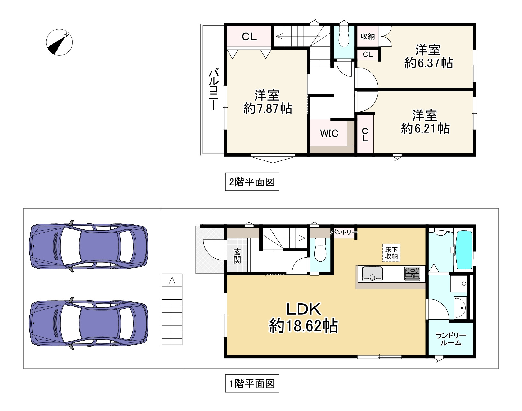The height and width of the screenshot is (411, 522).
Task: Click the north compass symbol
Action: click(x=59, y=42)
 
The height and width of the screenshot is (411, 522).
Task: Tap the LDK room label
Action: click(x=304, y=309)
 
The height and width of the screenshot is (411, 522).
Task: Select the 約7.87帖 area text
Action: click(x=267, y=108)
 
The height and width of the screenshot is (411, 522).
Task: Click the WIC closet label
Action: click(x=329, y=133)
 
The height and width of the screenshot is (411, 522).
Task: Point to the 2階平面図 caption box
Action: click(x=252, y=182)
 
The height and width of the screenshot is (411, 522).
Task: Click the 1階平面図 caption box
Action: click(x=252, y=384)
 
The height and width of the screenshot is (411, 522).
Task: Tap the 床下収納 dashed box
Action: click(x=391, y=253)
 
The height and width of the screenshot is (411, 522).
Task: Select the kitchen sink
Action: click(x=372, y=274)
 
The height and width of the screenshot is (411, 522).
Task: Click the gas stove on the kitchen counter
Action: click(x=412, y=274)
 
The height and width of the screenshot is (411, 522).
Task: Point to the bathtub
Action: click(x=464, y=250)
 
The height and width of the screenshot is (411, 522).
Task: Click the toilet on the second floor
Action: click(x=344, y=37)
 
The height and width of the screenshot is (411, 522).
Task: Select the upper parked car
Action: click(x=88, y=246)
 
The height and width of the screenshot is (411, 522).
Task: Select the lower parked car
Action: click(x=88, y=323)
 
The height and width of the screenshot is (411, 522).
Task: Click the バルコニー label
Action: click(x=214, y=89)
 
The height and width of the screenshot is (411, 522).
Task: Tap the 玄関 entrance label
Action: click(x=237, y=256)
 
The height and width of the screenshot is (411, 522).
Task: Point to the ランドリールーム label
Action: click(x=451, y=339)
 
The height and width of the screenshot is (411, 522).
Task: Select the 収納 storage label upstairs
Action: click(x=368, y=36)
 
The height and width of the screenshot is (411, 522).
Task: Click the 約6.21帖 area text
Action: click(x=425, y=128)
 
